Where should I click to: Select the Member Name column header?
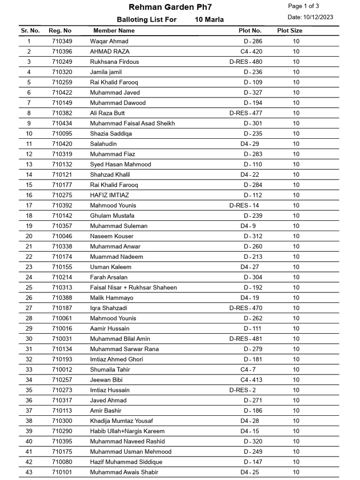(x=114, y=30)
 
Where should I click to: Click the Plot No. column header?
(x=250, y=30)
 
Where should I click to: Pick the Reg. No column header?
(x=60, y=30)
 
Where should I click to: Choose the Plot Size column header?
(x=290, y=30)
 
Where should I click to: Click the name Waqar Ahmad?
(x=109, y=41)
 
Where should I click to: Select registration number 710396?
(x=62, y=52)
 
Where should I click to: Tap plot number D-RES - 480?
(x=246, y=62)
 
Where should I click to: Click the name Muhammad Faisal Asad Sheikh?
(x=132, y=123)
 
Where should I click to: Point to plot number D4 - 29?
(x=249, y=144)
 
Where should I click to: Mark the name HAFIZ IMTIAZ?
(x=109, y=195)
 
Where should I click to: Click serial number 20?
(x=29, y=236)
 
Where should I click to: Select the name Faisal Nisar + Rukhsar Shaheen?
(x=133, y=287)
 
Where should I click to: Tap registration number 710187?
(x=62, y=308)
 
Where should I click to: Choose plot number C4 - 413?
(x=251, y=380)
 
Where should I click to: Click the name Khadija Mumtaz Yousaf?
(x=121, y=421)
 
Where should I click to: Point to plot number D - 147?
(x=253, y=462)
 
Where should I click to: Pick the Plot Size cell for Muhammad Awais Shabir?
(x=296, y=472)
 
